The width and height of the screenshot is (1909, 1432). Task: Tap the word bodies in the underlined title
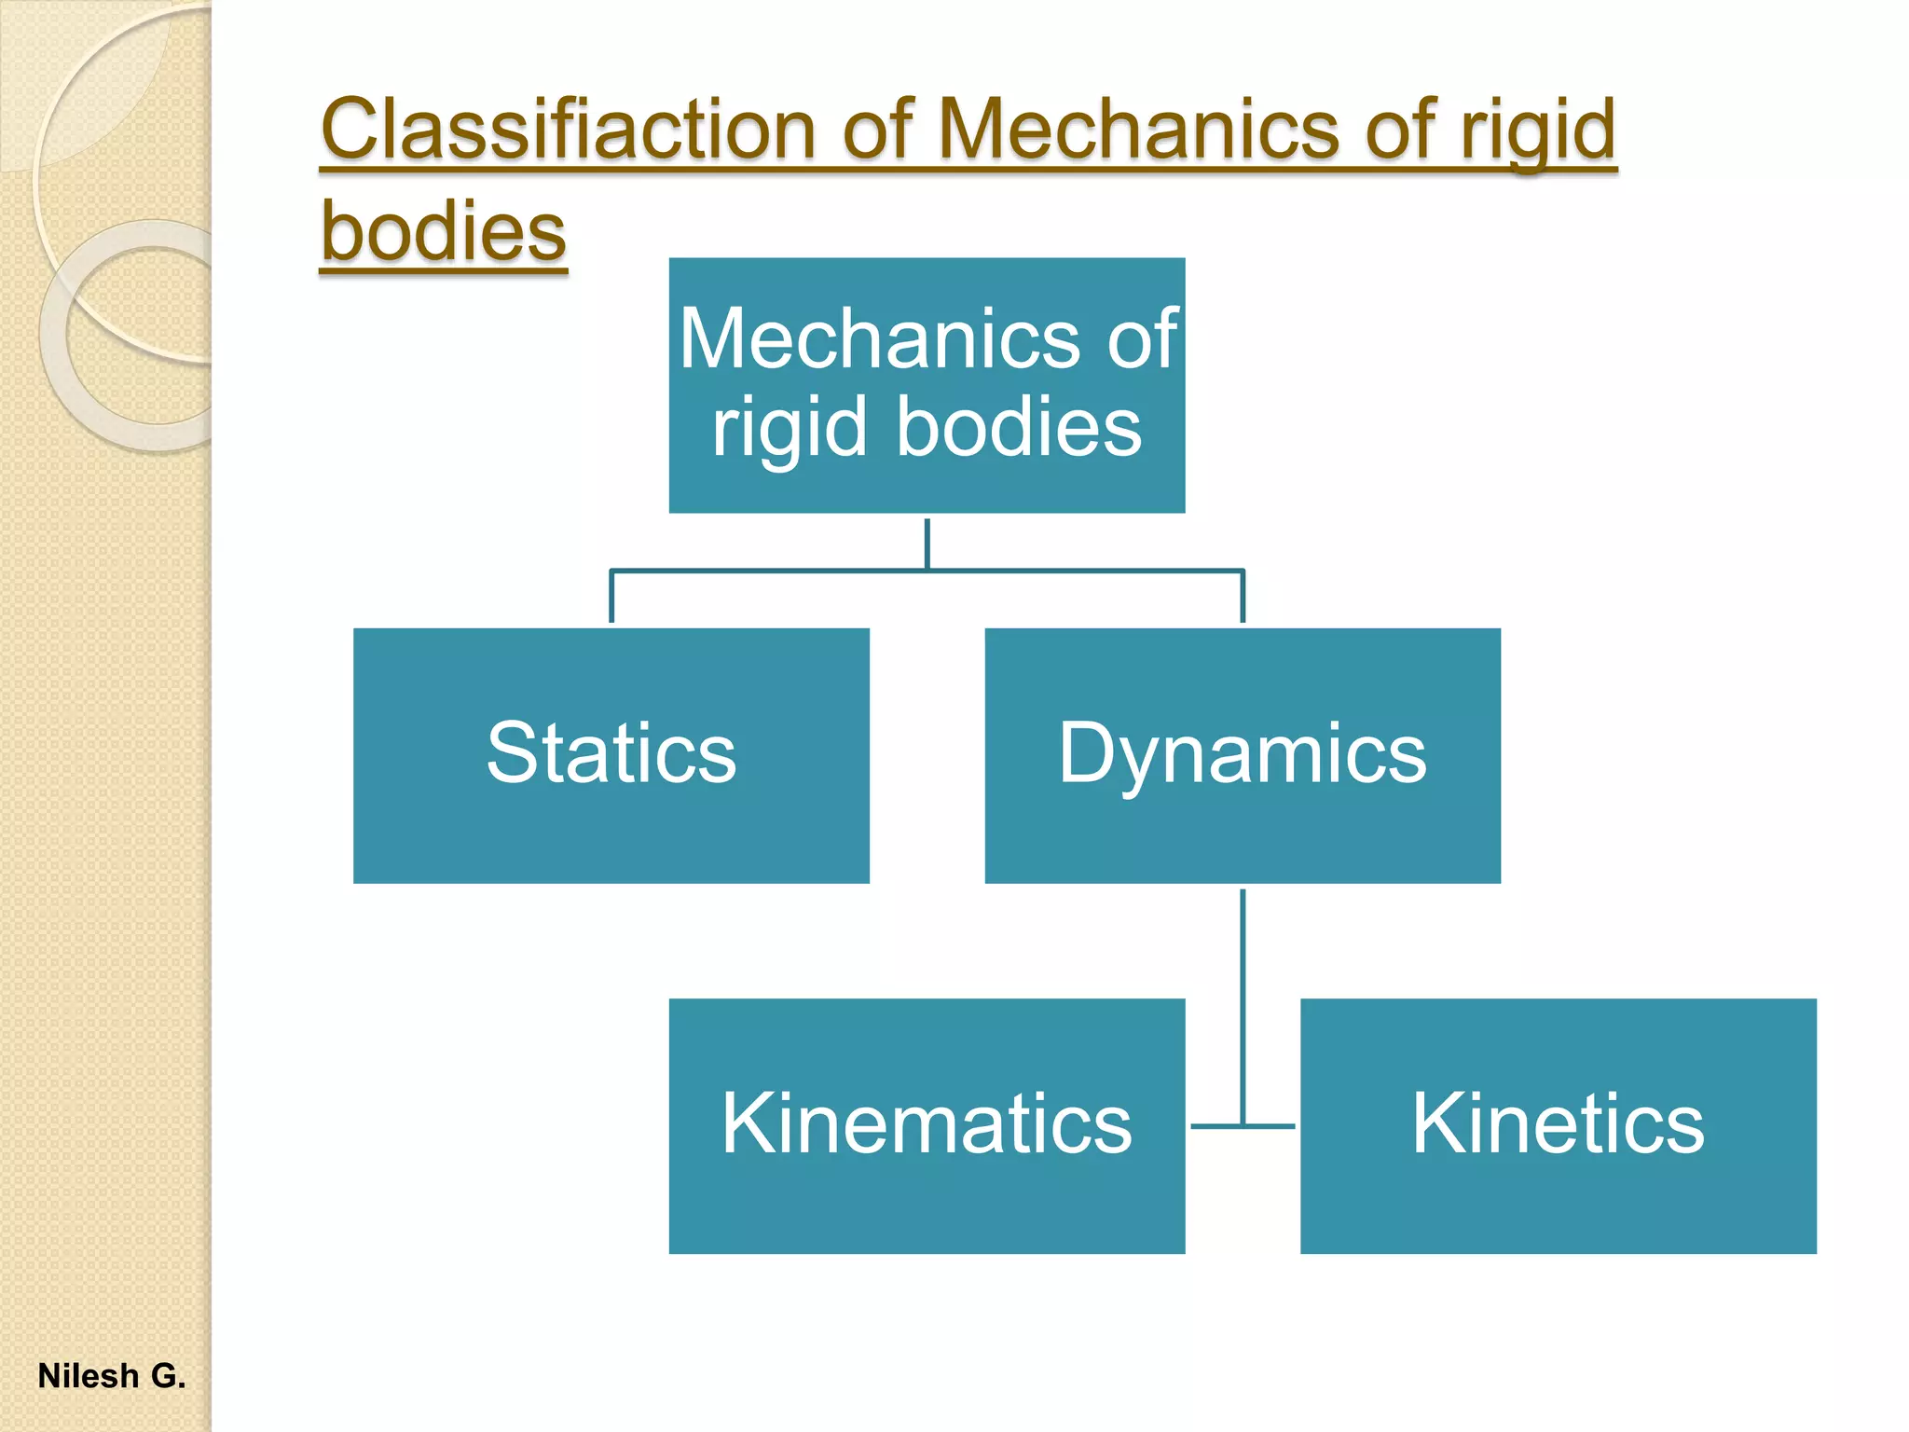(444, 231)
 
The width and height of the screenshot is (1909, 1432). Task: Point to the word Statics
(611, 752)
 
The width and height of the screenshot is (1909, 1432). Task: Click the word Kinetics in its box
(1558, 1123)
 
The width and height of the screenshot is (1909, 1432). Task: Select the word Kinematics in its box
(927, 1123)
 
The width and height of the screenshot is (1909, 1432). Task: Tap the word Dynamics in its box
(1243, 752)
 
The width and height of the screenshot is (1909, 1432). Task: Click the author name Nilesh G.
(112, 1376)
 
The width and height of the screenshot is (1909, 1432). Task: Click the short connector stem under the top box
(927, 543)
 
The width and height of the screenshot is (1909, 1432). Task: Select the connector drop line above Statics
(611, 597)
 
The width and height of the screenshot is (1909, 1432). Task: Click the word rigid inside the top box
(788, 428)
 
